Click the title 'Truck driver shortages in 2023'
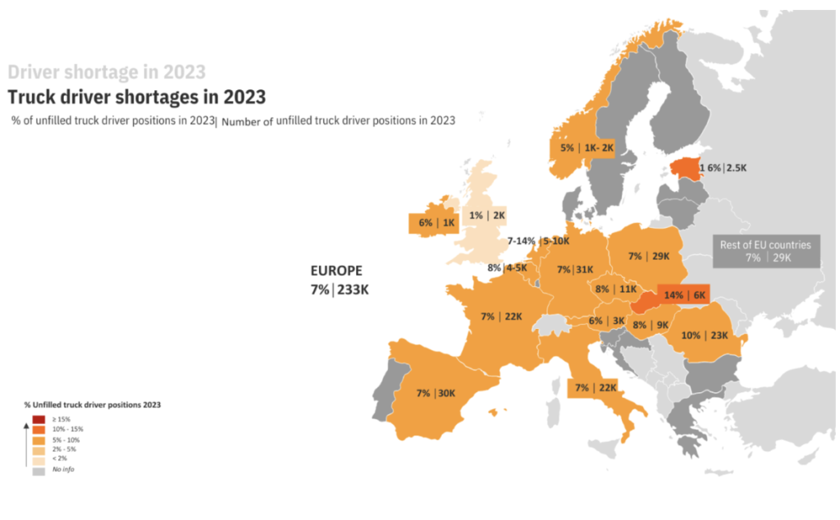pos(136,97)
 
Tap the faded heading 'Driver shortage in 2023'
pos(107,72)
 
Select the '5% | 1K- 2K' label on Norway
pos(587,148)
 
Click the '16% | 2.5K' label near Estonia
pos(723,168)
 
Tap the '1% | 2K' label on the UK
pos(487,216)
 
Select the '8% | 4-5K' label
pos(508,267)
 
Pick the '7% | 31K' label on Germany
pos(575,269)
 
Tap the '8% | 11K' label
pos(616,289)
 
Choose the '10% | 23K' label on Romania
pos(705,335)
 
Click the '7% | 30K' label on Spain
pos(436,393)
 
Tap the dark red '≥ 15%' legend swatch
pos(39,419)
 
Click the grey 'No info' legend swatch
pos(39,470)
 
